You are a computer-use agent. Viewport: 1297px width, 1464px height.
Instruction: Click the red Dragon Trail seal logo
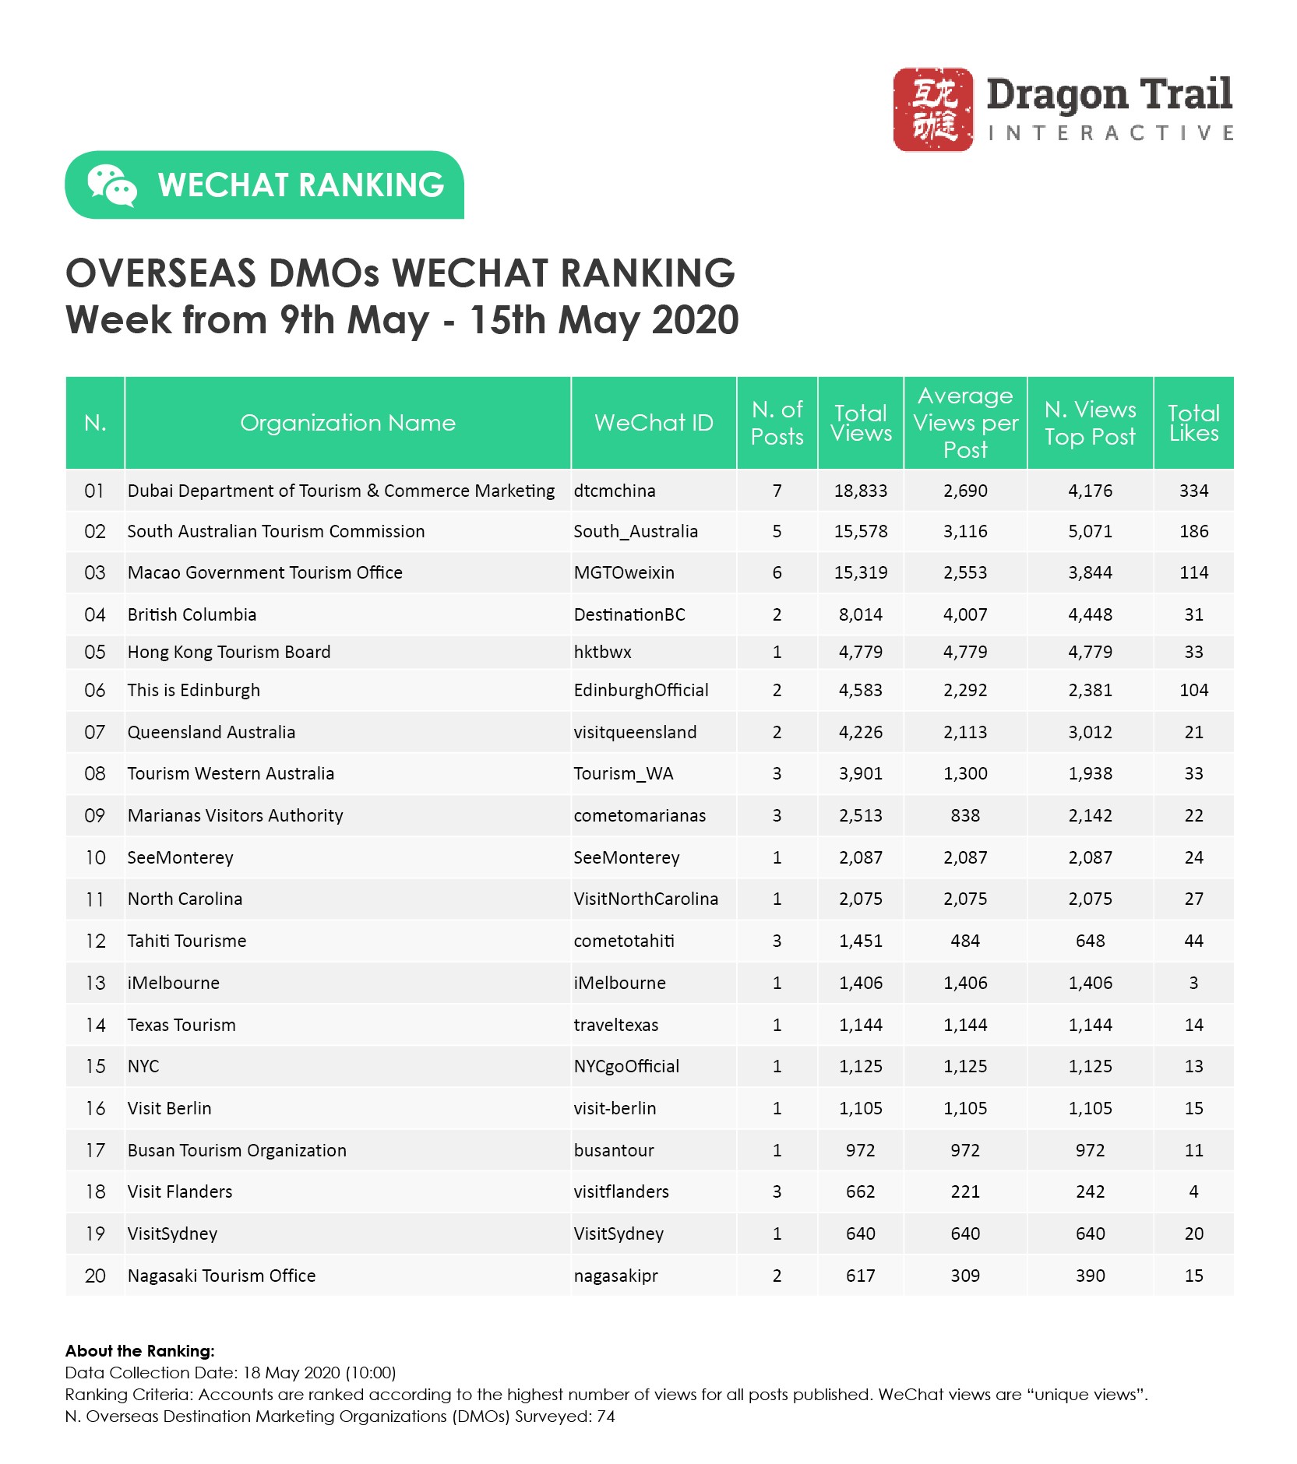tap(932, 109)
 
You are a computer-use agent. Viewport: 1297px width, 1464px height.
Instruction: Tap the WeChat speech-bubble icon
tap(111, 185)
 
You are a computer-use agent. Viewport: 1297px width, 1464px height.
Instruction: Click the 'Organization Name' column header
tap(347, 423)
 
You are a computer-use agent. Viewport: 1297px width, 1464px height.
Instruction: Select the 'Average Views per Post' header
tap(965, 423)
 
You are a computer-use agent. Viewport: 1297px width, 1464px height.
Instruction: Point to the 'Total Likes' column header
tap(1193, 423)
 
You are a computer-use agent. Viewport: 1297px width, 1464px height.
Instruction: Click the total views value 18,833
tap(861, 491)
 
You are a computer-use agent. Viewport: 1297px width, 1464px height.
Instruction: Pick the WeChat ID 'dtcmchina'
tap(615, 491)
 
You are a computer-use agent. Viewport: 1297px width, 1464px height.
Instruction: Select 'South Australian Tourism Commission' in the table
tap(276, 531)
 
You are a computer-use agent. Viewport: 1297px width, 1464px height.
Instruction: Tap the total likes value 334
tap(1193, 491)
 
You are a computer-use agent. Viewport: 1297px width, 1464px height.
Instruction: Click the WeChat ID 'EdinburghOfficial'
tap(641, 690)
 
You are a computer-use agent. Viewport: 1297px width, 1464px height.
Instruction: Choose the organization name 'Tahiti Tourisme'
tap(187, 941)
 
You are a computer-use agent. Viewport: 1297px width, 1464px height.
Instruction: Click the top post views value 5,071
tap(1090, 531)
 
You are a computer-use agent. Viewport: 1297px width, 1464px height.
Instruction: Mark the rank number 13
tap(95, 983)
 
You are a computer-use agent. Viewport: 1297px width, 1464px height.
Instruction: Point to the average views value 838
tap(965, 815)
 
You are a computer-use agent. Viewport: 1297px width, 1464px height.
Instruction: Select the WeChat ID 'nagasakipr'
tap(615, 1276)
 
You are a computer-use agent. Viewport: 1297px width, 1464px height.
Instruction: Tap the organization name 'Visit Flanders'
tap(180, 1191)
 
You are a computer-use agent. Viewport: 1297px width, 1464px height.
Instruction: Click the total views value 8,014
tap(861, 614)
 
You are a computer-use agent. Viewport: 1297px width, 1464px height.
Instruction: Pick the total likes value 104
tap(1193, 690)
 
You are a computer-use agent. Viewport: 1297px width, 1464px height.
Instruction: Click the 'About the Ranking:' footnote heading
tap(139, 1351)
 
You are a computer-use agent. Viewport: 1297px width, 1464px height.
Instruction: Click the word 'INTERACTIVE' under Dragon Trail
tap(1110, 133)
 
